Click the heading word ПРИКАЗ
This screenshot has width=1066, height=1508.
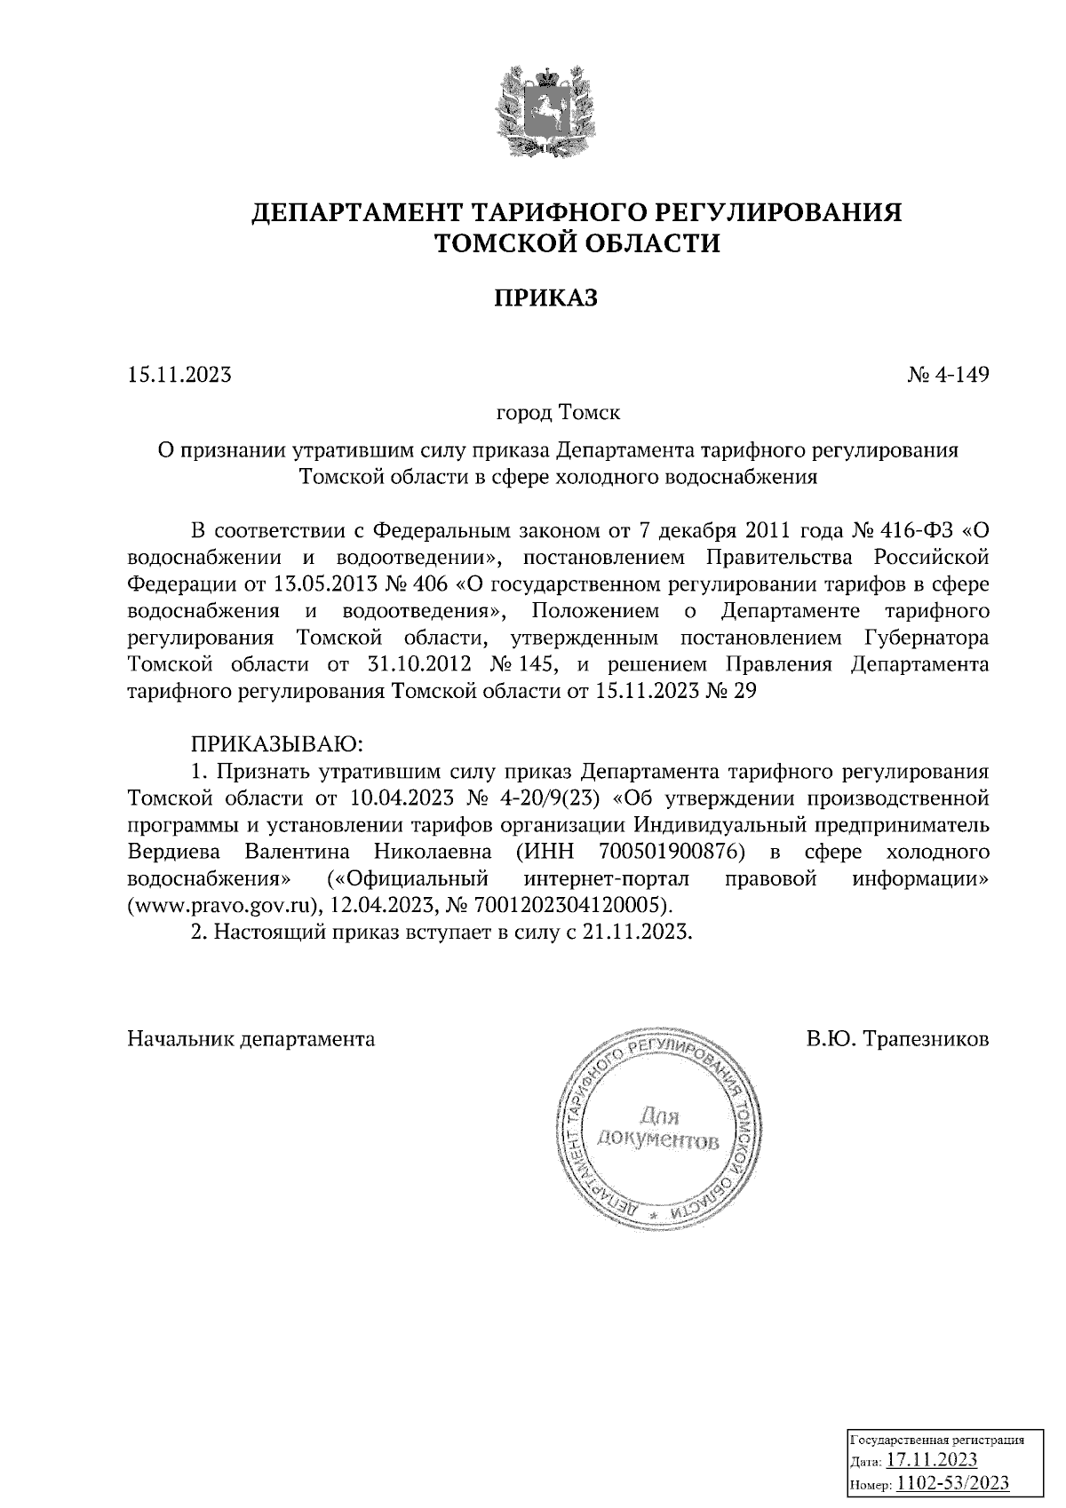pyautogui.click(x=545, y=298)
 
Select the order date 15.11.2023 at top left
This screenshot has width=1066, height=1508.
pyautogui.click(x=179, y=375)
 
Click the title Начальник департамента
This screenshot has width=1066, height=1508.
pyautogui.click(x=251, y=1038)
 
